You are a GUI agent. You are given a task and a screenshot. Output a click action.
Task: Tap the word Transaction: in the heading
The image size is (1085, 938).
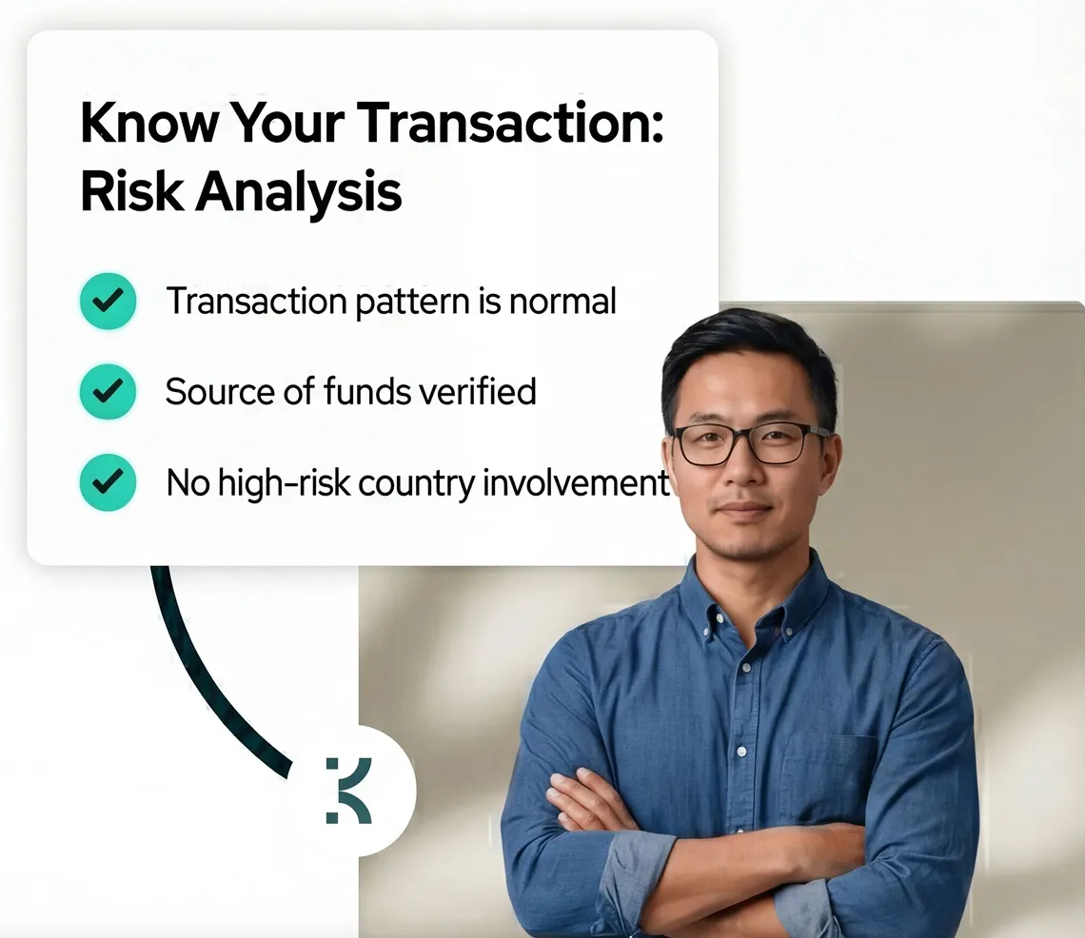[x=510, y=122]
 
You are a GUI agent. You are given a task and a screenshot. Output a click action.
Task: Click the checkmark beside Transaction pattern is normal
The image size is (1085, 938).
[x=108, y=302]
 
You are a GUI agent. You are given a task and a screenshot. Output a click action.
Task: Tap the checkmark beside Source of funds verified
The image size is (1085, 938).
[x=108, y=391]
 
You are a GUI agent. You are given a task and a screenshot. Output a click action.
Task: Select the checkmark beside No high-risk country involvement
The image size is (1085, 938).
[x=108, y=482]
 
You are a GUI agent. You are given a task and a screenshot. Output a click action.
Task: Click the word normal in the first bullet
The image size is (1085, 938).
[x=562, y=302]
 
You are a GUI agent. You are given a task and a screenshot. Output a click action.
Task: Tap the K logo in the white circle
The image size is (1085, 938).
[x=348, y=790]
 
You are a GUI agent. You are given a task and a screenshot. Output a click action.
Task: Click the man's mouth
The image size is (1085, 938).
[x=745, y=512]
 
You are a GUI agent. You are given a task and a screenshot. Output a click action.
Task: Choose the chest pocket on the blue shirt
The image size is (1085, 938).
[x=828, y=761]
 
